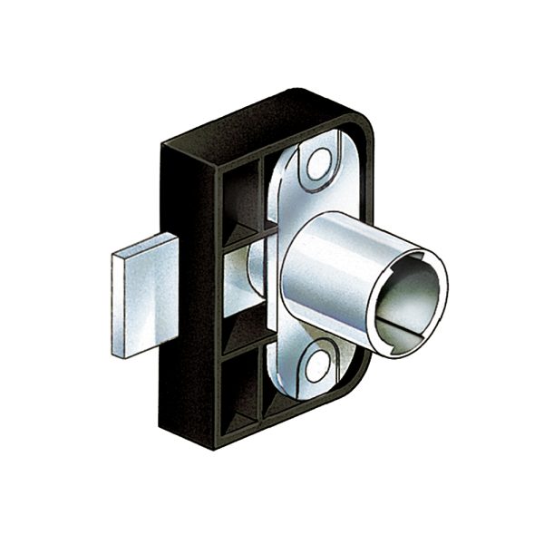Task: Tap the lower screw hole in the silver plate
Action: point(317,366)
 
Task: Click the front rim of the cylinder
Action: point(444,272)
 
